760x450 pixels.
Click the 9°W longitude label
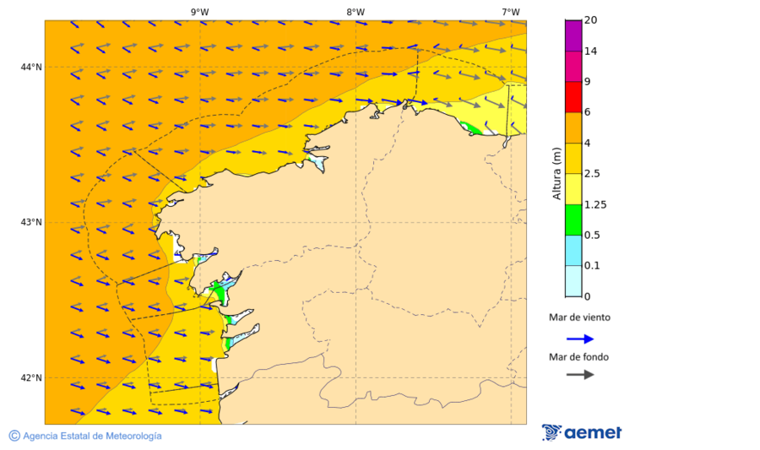[x=199, y=12]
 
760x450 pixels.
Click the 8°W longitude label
[x=356, y=12]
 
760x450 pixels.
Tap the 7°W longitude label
[x=510, y=12]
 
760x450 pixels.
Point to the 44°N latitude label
[x=31, y=68]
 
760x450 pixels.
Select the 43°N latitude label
[x=31, y=223]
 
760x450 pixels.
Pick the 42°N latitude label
[x=31, y=377]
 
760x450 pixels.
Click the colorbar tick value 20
[x=591, y=20]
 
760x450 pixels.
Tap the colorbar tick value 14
[x=591, y=52]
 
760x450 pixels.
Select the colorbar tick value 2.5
[x=593, y=174]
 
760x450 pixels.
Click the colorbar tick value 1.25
[x=595, y=204]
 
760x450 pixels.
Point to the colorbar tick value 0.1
[x=593, y=266]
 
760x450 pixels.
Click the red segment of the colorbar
[x=573, y=97]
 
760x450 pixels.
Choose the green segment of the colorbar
[x=573, y=220]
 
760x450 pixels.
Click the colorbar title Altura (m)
[x=556, y=172]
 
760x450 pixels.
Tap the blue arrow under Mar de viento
[x=579, y=339]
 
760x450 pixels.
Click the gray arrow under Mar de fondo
[x=579, y=375]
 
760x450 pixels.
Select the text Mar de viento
[x=579, y=318]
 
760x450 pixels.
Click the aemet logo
[x=582, y=432]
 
